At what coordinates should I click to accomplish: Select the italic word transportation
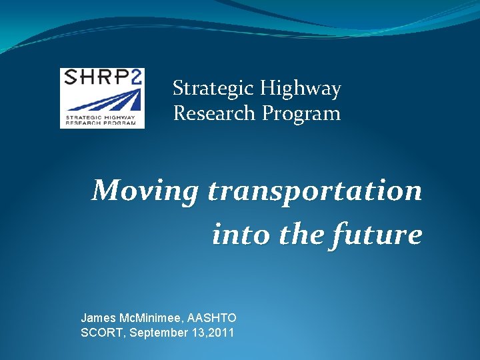(315, 191)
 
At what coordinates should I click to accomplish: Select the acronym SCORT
(101, 332)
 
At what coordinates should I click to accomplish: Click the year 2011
(221, 332)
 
